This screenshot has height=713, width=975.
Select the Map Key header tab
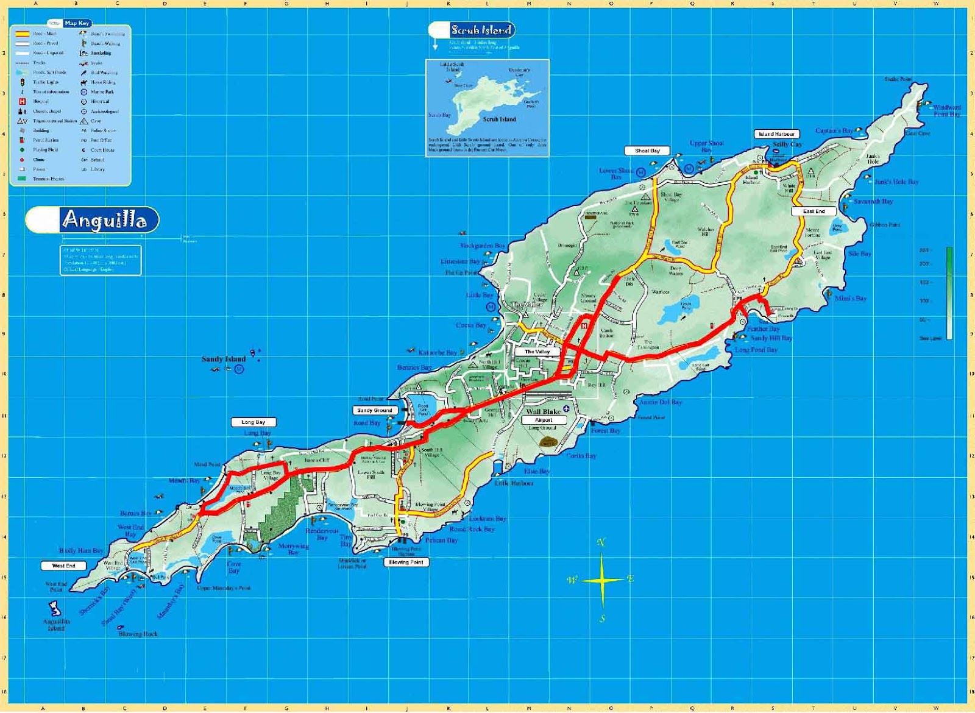click(x=77, y=23)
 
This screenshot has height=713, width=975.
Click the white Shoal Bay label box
click(x=647, y=151)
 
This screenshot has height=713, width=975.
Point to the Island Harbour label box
click(x=776, y=134)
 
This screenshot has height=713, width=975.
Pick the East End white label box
click(x=814, y=211)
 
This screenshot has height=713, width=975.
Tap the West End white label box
click(x=63, y=566)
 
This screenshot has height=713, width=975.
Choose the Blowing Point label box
click(x=406, y=562)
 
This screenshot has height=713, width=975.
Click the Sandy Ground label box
click(x=375, y=410)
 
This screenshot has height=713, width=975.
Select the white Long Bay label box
click(x=253, y=422)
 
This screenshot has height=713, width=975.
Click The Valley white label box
click(x=537, y=352)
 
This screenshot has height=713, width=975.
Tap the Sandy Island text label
click(x=224, y=359)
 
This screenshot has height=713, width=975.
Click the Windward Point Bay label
click(x=946, y=110)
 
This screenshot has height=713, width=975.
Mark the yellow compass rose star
click(x=602, y=580)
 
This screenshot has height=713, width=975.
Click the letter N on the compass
click(x=601, y=542)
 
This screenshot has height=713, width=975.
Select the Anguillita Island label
click(x=57, y=625)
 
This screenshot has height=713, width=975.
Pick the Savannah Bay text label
click(x=873, y=201)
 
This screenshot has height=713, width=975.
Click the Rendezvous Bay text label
click(x=322, y=534)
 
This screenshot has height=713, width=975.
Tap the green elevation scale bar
click(x=949, y=293)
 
